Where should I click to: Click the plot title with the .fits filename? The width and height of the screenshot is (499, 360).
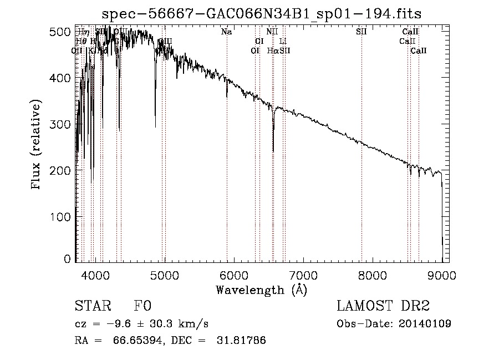pyautogui.click(x=266, y=14)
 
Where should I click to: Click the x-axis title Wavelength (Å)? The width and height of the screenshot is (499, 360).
pyautogui.click(x=261, y=289)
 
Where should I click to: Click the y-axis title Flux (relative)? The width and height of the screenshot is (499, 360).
pyautogui.click(x=37, y=145)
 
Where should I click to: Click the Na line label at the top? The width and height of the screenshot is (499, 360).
pyautogui.click(x=226, y=32)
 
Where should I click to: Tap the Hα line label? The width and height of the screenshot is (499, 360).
pyautogui.click(x=272, y=50)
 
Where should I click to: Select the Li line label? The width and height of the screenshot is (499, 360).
pyautogui.click(x=283, y=41)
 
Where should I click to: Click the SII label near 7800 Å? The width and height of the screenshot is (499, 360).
pyautogui.click(x=361, y=32)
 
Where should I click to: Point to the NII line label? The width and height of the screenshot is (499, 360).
pyautogui.click(x=272, y=32)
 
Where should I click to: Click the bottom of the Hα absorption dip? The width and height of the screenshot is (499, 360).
pyautogui.click(x=273, y=151)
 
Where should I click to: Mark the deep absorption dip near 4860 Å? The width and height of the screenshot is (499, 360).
pyautogui.click(x=155, y=127)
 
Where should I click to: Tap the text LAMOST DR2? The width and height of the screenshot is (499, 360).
pyautogui.click(x=383, y=307)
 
